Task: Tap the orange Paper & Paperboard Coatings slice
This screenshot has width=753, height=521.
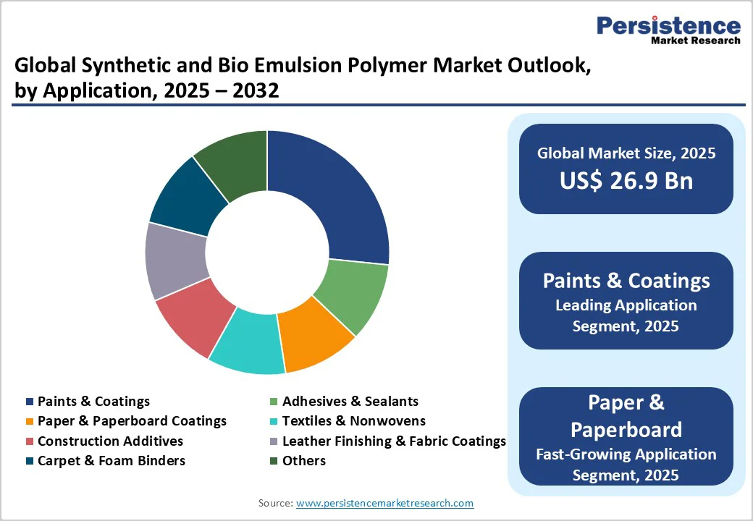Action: (315, 336)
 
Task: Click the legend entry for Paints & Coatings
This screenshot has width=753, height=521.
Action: (93, 401)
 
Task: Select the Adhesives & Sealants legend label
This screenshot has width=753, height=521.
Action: (350, 401)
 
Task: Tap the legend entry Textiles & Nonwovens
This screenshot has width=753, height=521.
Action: (353, 420)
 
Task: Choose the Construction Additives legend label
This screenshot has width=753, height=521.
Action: (110, 441)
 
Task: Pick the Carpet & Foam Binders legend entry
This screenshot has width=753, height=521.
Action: (111, 460)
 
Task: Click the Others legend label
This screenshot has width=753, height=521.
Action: (303, 460)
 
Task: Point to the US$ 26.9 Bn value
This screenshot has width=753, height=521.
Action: (626, 181)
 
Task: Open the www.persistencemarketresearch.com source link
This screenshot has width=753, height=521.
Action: (384, 503)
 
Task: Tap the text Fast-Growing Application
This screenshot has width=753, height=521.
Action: (626, 454)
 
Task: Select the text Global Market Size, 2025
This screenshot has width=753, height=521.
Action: (626, 153)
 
